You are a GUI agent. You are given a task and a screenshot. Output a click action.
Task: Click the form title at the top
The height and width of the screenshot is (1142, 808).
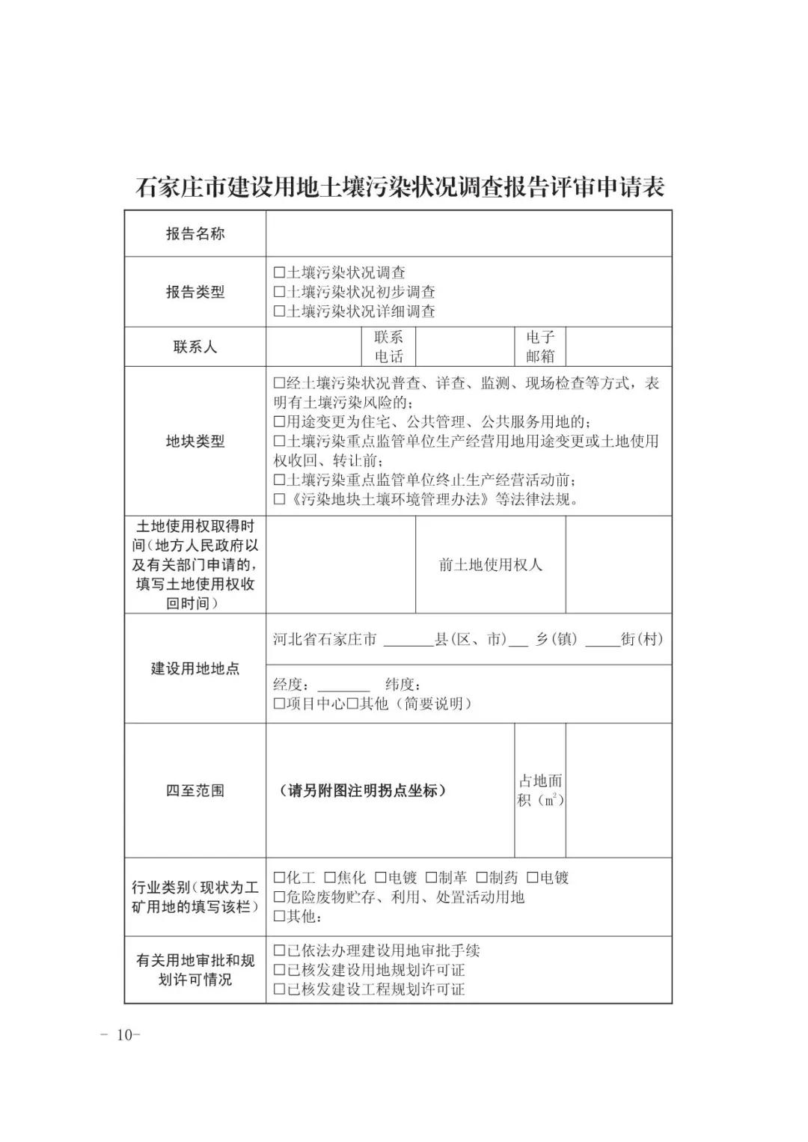[x=400, y=187]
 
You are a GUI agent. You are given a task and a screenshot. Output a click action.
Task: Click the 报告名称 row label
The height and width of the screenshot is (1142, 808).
[x=195, y=233]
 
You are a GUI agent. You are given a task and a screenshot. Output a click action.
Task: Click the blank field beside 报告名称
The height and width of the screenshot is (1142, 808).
[x=468, y=233]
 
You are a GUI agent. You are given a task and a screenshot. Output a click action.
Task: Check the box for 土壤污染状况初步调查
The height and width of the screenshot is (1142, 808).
[x=280, y=292]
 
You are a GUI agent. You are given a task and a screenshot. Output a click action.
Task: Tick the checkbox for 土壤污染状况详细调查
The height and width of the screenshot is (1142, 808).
[x=280, y=311]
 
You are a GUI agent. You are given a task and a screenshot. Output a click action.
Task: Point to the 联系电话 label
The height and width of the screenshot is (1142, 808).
[x=388, y=346]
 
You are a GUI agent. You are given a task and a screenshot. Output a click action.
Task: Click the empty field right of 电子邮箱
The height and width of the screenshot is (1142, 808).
[x=618, y=346]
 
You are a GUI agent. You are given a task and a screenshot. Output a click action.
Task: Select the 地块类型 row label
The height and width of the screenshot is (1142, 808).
[x=195, y=442]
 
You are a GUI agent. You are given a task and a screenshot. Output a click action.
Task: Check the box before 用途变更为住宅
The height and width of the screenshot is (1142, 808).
[x=280, y=422]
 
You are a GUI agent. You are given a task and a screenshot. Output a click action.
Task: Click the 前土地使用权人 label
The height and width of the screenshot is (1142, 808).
[x=490, y=564]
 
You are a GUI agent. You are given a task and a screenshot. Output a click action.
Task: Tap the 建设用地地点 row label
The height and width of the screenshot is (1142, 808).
[x=195, y=668]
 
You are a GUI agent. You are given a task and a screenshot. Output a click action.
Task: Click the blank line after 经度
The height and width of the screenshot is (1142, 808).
[x=343, y=685]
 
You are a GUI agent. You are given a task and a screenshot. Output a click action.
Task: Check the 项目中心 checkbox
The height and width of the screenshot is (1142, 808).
[x=280, y=704]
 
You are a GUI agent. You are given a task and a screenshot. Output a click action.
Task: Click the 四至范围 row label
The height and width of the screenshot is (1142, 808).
[x=195, y=790]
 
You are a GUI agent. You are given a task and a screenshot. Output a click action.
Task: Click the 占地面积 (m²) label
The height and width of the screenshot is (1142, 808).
[x=540, y=790]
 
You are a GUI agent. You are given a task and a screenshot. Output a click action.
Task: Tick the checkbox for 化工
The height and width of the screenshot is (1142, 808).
[x=280, y=878]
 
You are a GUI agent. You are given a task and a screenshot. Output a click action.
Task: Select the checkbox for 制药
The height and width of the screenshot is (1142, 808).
[x=482, y=878]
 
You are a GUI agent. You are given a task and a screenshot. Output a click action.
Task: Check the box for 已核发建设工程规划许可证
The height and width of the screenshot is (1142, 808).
[x=280, y=989]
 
